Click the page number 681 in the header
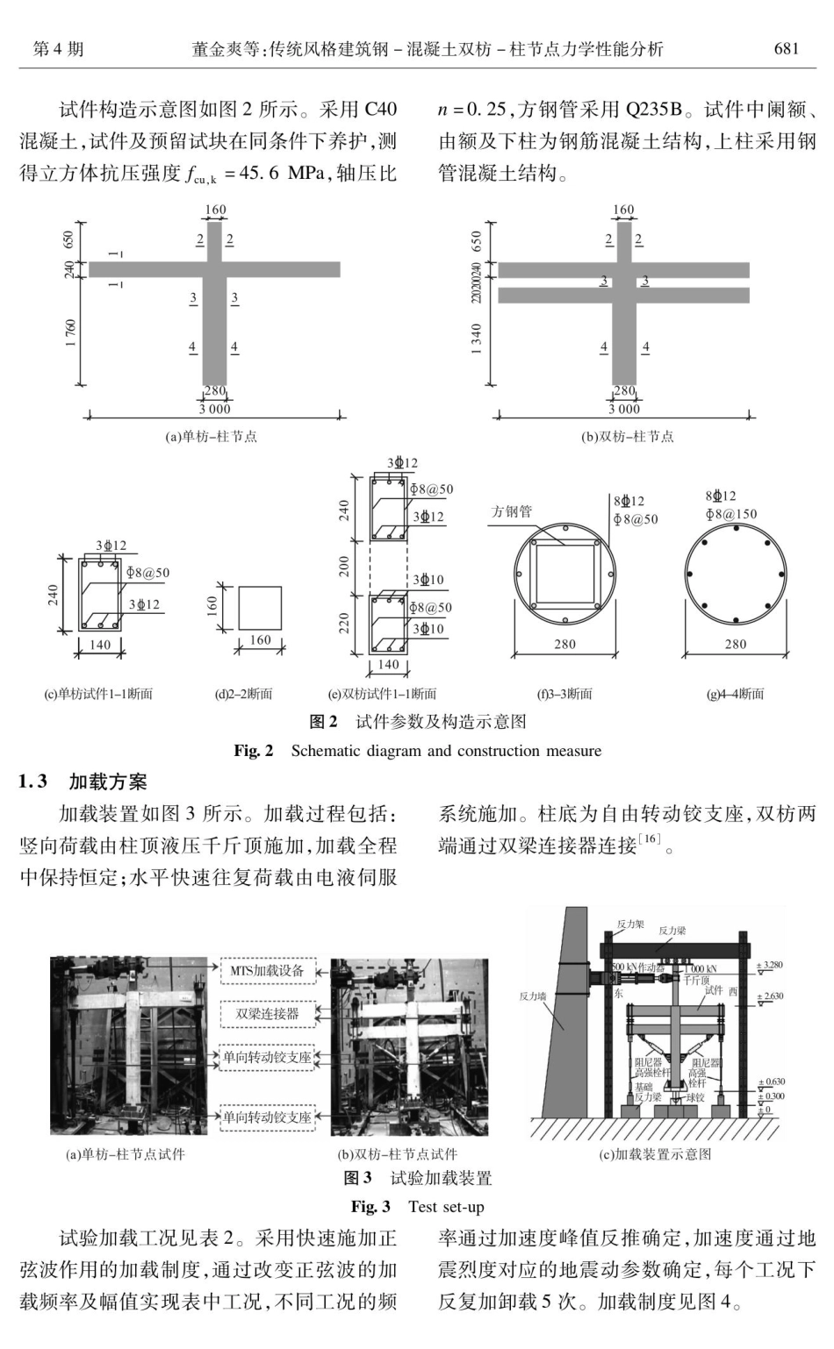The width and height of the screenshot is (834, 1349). [x=786, y=49]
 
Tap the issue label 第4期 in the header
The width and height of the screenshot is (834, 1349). [x=59, y=49]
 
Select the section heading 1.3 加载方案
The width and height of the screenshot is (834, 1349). [x=83, y=782]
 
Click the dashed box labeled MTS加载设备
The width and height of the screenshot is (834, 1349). [x=267, y=970]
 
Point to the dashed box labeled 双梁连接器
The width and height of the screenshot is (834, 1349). [x=267, y=1014]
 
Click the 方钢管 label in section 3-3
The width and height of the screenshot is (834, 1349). [x=511, y=511]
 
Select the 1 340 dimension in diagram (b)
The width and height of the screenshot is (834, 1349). [x=477, y=339]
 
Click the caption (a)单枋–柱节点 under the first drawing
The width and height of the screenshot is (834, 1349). [x=212, y=436]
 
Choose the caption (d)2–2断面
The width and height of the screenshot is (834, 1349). [x=244, y=694]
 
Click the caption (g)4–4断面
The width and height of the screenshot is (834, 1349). [x=735, y=694]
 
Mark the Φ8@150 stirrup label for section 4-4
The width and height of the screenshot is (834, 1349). [x=730, y=514]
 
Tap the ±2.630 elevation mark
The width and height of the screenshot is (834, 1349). [x=770, y=996]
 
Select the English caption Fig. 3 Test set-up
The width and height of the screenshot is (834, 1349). [x=417, y=1207]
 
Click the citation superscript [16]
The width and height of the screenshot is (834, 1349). [x=650, y=839]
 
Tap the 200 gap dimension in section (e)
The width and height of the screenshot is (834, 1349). [x=345, y=566]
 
